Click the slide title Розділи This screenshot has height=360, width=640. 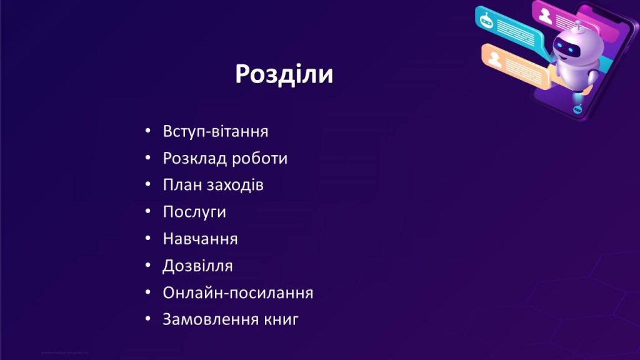[x=284, y=74]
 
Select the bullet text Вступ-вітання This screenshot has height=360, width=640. [x=216, y=131]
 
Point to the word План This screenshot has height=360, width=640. [x=182, y=185]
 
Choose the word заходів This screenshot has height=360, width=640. [x=235, y=185]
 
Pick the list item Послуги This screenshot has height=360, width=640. [x=194, y=212]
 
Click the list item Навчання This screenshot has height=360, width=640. [x=200, y=239]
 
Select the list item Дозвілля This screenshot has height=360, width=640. [x=197, y=266]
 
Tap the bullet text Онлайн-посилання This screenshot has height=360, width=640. [x=238, y=292]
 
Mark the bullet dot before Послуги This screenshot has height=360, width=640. [x=147, y=211]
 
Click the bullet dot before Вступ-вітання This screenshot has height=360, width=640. [x=147, y=131]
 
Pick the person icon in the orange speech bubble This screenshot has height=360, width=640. [x=495, y=59]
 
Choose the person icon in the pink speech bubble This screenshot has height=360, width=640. [x=546, y=16]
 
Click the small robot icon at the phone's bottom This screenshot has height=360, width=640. [x=577, y=109]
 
